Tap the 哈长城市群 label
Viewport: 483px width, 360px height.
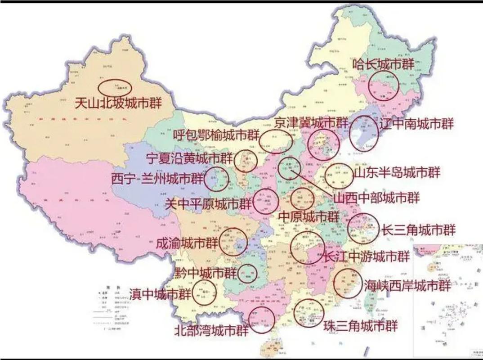(x=383, y=64)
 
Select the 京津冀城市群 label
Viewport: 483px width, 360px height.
(x=311, y=122)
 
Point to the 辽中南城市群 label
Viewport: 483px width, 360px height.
(x=416, y=124)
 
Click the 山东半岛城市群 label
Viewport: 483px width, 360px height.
(x=396, y=172)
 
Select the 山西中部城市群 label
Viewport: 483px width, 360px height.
(x=376, y=198)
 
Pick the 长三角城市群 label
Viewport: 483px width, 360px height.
(x=418, y=230)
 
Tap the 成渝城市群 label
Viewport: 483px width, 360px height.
(x=187, y=243)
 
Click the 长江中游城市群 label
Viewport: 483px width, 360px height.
(x=367, y=256)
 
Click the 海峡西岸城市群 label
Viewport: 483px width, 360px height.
(x=407, y=286)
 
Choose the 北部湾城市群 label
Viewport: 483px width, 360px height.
(x=211, y=331)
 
